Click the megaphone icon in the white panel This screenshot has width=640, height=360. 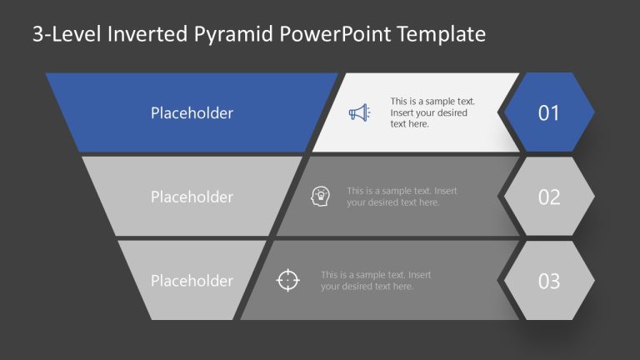[359, 112]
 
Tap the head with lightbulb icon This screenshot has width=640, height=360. [319, 196]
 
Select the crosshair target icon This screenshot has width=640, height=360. [287, 281]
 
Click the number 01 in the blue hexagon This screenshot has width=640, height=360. [548, 113]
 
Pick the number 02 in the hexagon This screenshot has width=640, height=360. [548, 197]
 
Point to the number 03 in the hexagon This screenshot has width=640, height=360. [548, 282]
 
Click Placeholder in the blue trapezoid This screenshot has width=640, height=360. [192, 112]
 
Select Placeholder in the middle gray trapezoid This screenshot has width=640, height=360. [192, 197]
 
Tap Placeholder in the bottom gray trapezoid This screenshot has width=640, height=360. [192, 281]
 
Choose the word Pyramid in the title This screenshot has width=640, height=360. [234, 34]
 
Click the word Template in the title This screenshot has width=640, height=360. [441, 34]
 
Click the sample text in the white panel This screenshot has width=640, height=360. [429, 112]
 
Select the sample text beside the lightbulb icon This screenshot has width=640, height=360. [402, 197]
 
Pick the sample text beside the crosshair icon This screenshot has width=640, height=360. [376, 281]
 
